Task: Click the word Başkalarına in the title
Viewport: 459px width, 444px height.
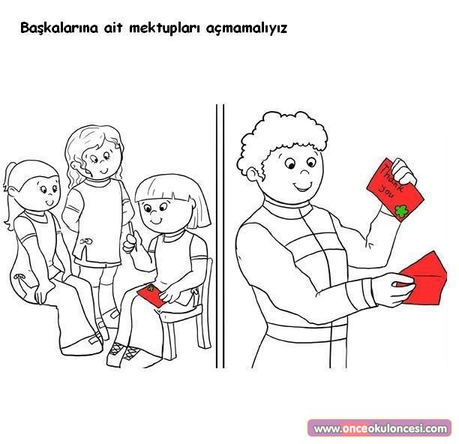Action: point(59,28)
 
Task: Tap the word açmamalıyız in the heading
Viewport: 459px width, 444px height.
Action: point(247,29)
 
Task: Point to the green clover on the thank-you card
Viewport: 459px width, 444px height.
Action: point(401,211)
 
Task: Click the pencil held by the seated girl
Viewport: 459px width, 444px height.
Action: point(133,236)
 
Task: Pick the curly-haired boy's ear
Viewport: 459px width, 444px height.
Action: point(252,175)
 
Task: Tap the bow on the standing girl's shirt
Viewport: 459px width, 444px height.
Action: point(85,241)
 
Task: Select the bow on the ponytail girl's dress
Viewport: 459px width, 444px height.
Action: point(20,277)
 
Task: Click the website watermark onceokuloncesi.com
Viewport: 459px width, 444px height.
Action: point(380,429)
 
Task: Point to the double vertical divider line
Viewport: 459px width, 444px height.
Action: point(220,236)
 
